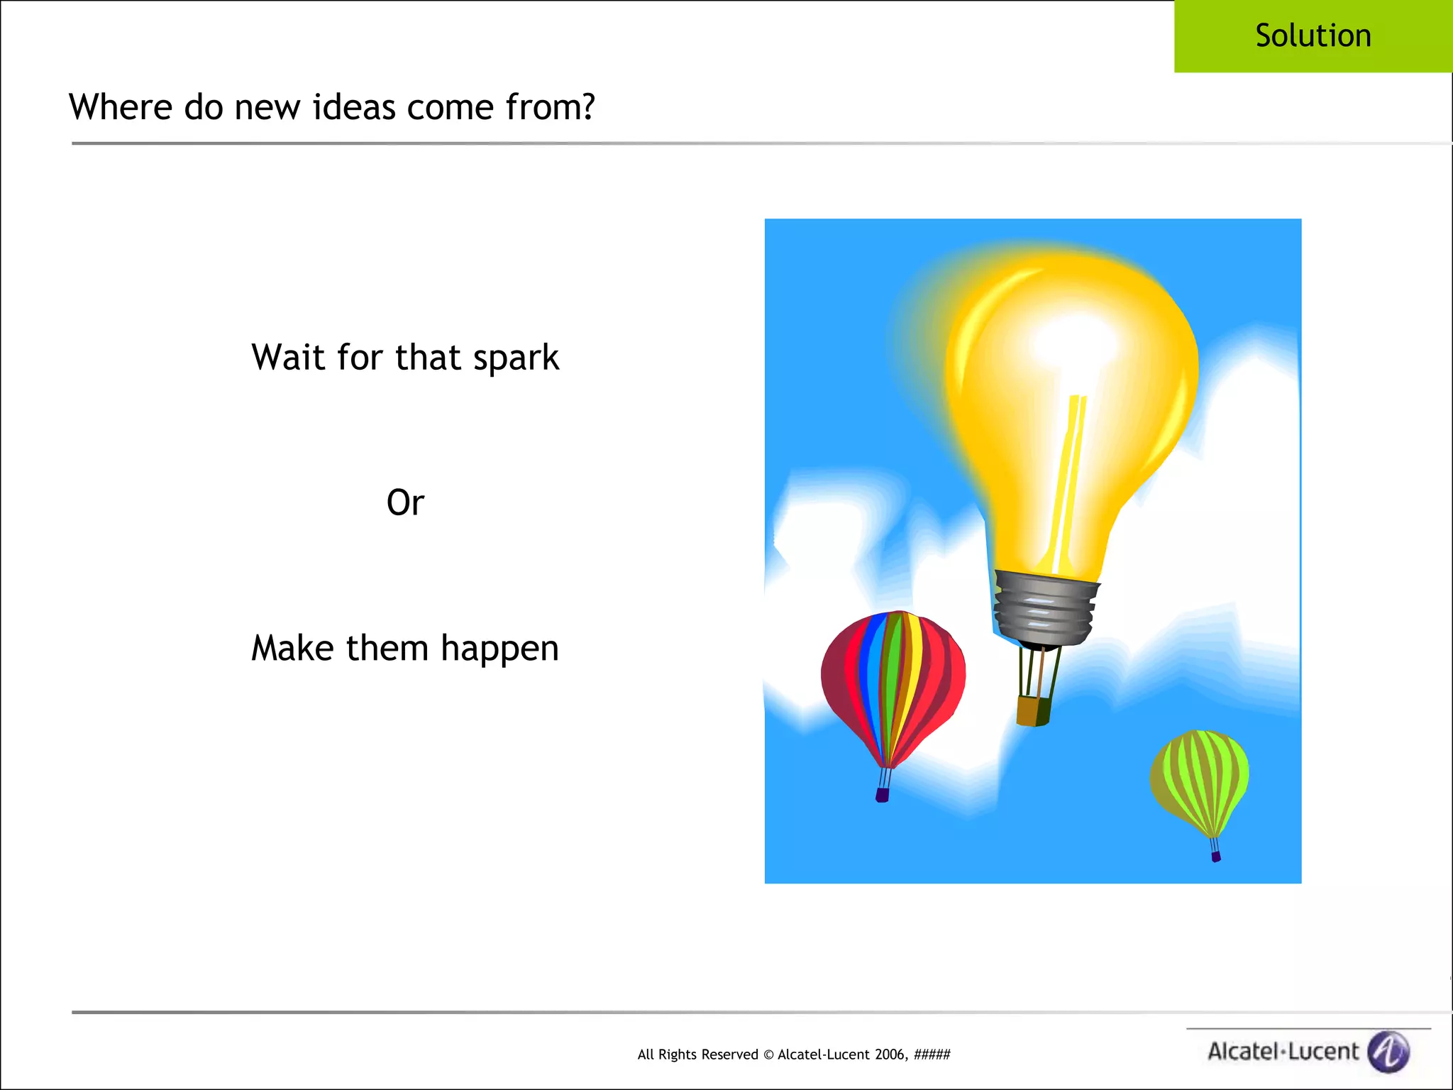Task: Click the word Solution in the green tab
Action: point(1313,35)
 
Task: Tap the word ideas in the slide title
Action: point(353,107)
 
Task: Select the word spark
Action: point(516,358)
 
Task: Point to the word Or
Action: point(405,502)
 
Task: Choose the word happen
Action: point(499,649)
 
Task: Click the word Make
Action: point(292,647)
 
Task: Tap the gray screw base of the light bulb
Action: point(1044,609)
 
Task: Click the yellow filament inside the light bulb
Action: point(1068,483)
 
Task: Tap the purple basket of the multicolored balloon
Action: point(883,796)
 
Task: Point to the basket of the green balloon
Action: point(1216,857)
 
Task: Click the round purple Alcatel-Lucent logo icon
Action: point(1388,1051)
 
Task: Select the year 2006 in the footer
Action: point(890,1055)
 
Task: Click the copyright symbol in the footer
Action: point(768,1055)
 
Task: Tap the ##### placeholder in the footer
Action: point(932,1055)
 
